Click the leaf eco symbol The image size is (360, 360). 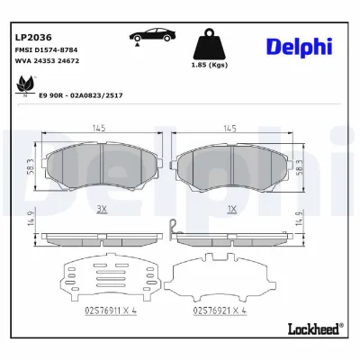tap(24, 85)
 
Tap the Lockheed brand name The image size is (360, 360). tap(313, 328)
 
